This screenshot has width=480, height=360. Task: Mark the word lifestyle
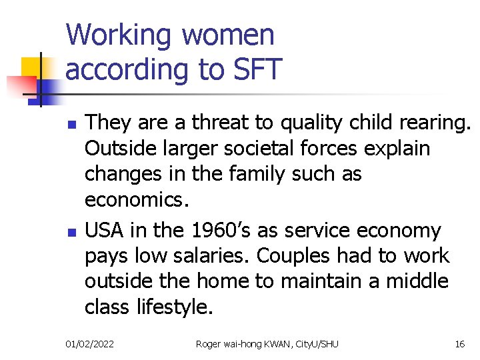[x=175, y=307]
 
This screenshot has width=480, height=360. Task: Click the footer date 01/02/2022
[x=89, y=344]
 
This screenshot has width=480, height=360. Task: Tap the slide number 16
[x=459, y=344]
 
